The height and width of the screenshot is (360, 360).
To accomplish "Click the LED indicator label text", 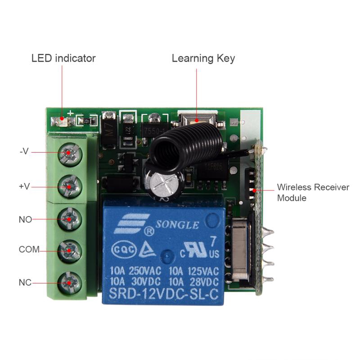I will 63,58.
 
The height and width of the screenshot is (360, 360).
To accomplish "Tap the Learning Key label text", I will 203,58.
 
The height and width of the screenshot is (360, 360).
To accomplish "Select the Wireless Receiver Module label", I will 313,192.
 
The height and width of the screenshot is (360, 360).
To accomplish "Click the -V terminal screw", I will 70,154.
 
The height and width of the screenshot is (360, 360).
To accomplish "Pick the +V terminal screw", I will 70,186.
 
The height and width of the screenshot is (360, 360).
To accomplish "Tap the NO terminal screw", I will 70,219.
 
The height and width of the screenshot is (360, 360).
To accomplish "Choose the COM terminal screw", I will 70,250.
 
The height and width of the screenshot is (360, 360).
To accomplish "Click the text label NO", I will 25,220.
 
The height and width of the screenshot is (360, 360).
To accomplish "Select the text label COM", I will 29,249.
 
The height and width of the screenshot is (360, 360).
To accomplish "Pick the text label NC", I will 25,283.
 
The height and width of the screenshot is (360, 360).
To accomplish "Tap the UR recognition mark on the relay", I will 197,250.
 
